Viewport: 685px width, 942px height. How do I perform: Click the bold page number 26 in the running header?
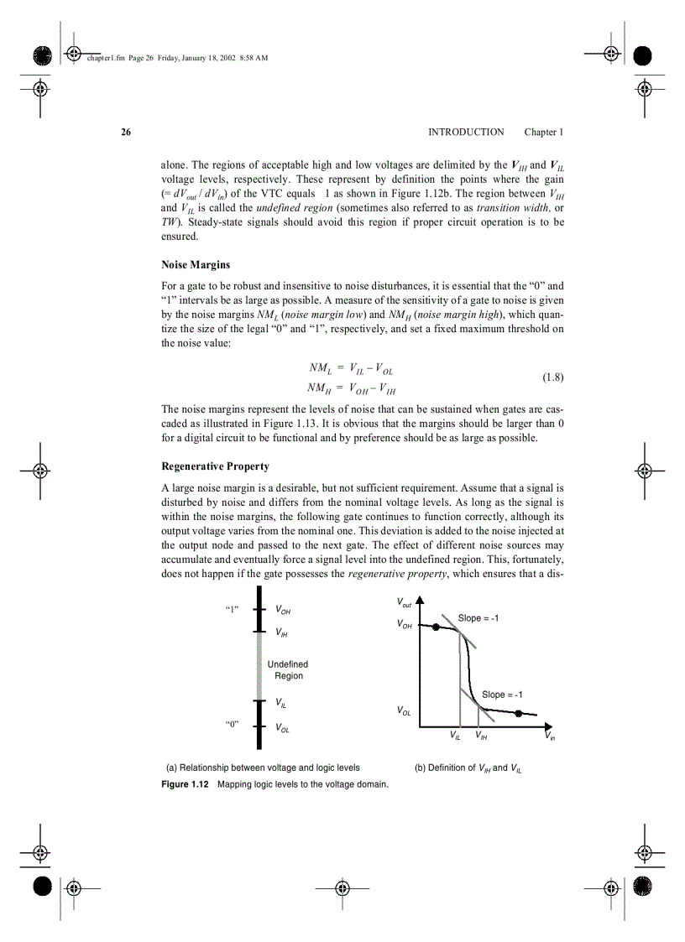126,133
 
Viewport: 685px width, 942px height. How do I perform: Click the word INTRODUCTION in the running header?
466,133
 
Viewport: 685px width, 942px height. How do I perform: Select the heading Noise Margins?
196,265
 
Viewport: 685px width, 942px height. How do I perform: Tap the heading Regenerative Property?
215,466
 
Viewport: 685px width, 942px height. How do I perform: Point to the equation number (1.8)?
552,377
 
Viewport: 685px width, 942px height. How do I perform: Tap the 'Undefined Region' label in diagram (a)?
288,670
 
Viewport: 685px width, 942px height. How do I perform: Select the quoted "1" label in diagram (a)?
233,610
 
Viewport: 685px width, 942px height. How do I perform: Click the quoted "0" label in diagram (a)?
233,724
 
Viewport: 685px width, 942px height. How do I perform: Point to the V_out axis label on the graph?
404,603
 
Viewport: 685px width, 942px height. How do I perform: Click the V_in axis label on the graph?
550,737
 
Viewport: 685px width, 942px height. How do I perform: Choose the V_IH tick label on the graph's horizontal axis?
481,737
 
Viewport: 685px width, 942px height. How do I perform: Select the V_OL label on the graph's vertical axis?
404,711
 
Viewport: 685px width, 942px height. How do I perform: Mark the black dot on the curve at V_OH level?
436,627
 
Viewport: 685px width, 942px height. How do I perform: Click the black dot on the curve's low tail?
519,713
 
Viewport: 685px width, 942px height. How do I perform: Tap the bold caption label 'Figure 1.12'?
185,784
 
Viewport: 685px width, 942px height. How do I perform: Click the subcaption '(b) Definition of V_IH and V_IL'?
468,768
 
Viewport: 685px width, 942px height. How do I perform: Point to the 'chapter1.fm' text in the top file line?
106,57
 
